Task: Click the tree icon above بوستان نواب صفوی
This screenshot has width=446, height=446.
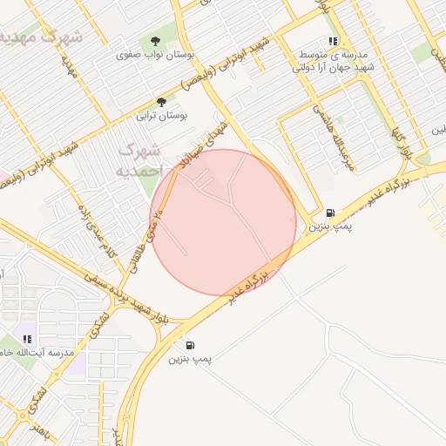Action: tap(155, 41)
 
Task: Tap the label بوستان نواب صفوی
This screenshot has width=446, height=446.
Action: tap(155, 54)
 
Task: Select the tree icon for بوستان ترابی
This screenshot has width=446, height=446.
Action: tap(160, 102)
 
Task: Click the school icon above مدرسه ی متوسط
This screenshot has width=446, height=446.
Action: tap(332, 41)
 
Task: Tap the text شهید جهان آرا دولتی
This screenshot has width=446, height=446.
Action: tap(334, 66)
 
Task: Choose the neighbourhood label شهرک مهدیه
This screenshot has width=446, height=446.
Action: tap(44, 37)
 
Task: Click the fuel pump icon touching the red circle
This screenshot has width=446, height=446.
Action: tap(329, 213)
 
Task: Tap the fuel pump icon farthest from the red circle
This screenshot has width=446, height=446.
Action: tap(190, 345)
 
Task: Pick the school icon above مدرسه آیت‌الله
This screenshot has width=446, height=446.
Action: tap(27, 339)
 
